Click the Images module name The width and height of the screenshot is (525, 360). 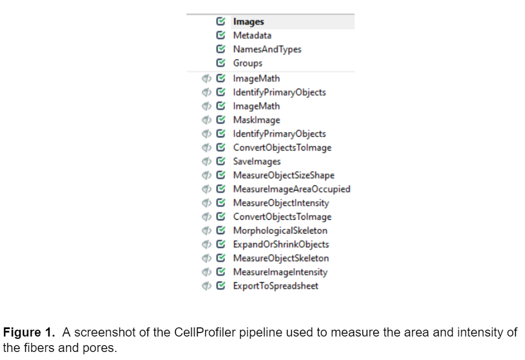248,22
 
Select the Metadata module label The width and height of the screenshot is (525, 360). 252,35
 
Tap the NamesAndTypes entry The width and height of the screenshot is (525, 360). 267,49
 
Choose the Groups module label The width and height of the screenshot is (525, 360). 248,63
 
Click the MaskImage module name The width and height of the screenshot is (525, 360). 256,120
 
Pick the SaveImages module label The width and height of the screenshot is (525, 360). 257,161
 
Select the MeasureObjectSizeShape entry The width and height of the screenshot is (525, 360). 284,175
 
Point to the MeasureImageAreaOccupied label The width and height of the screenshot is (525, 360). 292,189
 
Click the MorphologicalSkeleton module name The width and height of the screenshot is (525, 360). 280,231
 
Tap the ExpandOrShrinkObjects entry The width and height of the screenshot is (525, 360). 281,244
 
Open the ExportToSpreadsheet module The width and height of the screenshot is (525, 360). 276,286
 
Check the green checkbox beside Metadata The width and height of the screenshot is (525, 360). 220,35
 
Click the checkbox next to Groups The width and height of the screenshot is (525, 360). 220,63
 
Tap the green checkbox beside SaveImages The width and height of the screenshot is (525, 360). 220,161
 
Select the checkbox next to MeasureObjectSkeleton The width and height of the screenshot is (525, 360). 220,258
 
